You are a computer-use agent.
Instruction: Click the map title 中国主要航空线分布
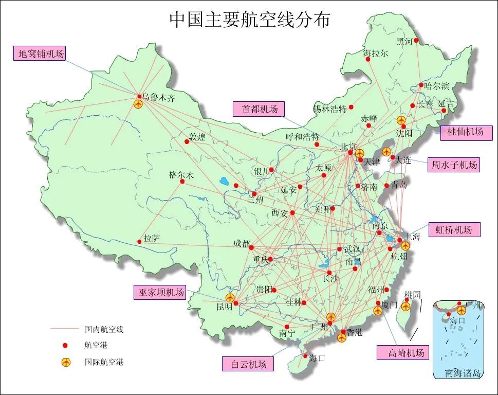pos(250,20)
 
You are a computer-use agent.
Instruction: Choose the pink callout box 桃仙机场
pos(466,132)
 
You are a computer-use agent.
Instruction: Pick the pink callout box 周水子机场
pos(454,165)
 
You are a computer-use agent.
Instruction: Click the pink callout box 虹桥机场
pos(454,229)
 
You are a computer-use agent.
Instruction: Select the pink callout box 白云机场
pos(248,364)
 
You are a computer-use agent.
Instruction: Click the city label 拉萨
pos(152,238)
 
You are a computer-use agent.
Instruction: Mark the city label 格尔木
pos(181,175)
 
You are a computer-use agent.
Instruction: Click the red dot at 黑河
pos(416,41)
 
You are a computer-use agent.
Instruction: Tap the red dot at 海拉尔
pos(368,60)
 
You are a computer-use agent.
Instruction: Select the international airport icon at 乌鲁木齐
pos(138,104)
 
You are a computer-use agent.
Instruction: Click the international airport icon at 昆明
pos(230,298)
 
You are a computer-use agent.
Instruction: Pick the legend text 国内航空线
pos(104,329)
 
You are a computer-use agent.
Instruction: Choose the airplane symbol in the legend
pos(65,362)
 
